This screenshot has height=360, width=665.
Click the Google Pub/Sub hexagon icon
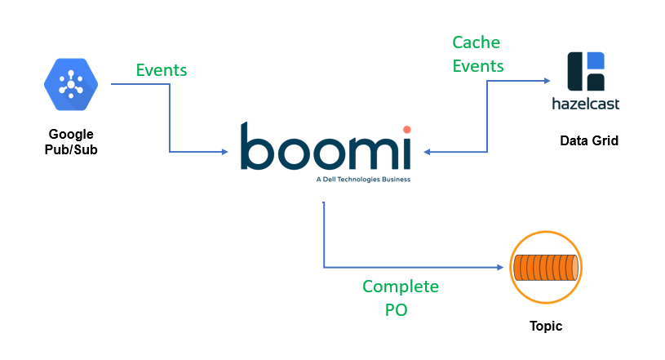tap(71, 84)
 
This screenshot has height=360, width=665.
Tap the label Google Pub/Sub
tap(71, 141)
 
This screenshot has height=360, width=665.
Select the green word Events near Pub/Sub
tap(162, 70)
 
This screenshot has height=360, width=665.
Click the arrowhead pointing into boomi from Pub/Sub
tap(226, 152)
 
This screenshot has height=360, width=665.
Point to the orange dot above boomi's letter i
tap(406, 129)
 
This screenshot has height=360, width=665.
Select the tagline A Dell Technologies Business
tap(362, 178)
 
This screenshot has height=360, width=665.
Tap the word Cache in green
tap(477, 42)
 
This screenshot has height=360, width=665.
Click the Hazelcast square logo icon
tap(587, 71)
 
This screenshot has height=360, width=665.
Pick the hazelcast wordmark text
tap(587, 104)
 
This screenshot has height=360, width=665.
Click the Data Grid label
tap(589, 141)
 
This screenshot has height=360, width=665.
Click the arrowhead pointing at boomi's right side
tap(427, 152)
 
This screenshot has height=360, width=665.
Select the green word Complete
tap(401, 287)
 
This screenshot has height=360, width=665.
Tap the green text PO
tap(401, 310)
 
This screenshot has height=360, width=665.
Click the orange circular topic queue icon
tap(545, 268)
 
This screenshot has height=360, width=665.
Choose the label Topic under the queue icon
tap(545, 327)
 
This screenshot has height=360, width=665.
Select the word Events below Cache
tap(478, 65)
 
